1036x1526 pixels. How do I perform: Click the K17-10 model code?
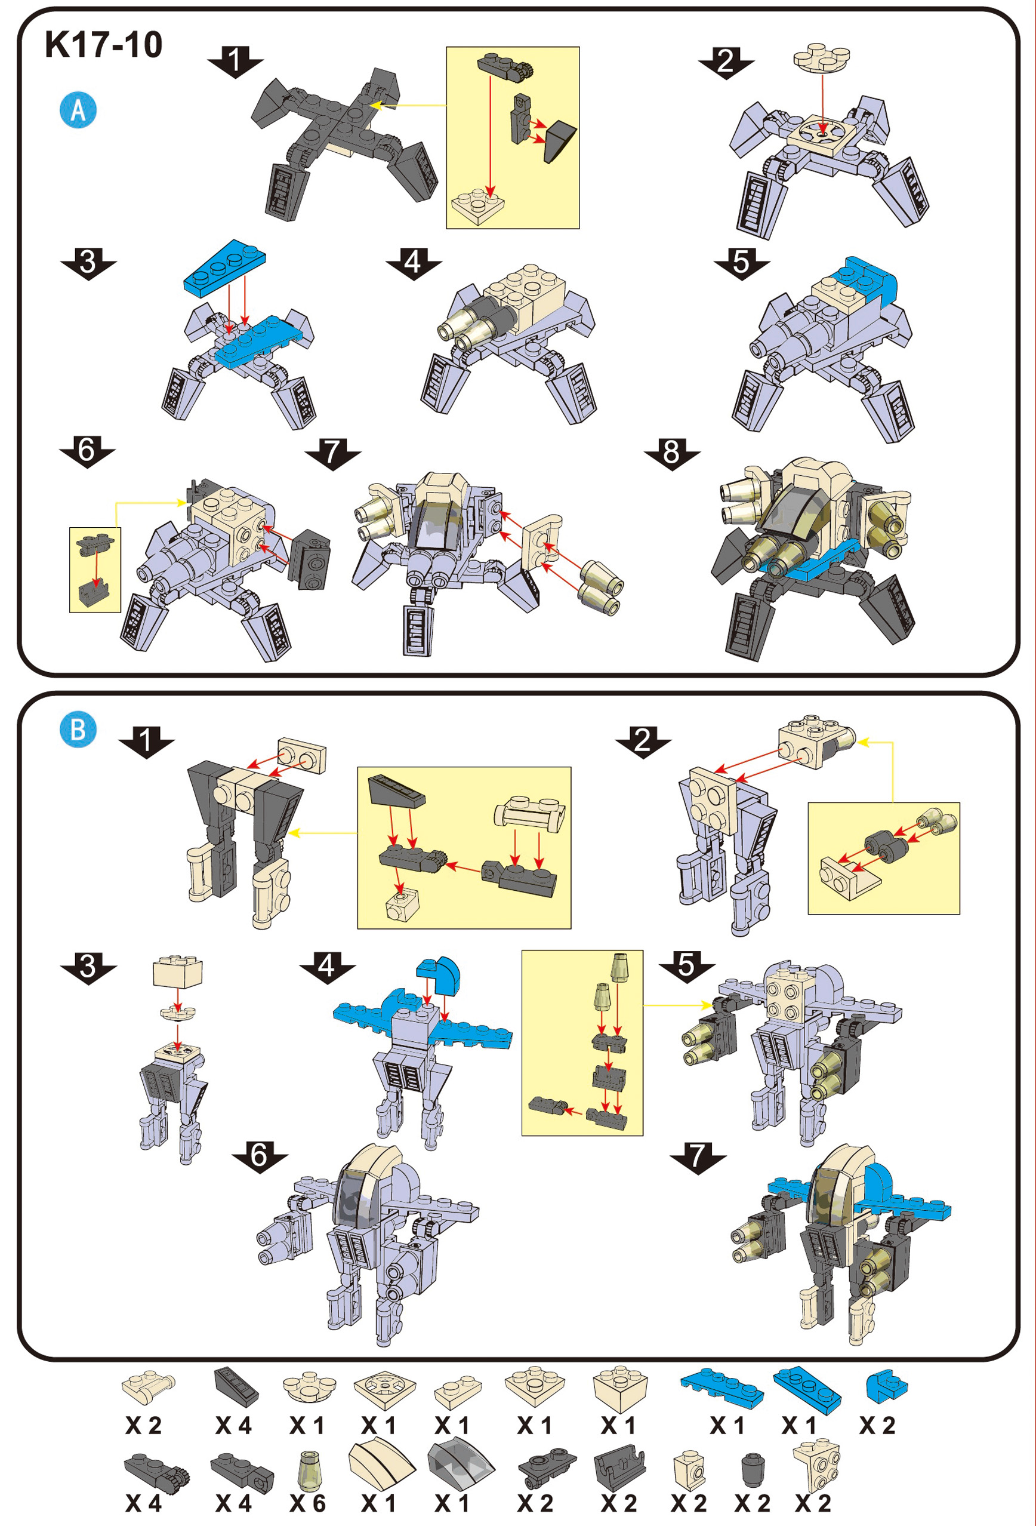[x=104, y=45]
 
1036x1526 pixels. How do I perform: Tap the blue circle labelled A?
[x=78, y=110]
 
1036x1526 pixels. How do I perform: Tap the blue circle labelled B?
[x=78, y=730]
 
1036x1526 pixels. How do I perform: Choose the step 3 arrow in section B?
[x=88, y=967]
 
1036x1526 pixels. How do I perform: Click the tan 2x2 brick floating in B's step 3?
[x=178, y=971]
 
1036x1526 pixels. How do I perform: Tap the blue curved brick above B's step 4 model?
[x=439, y=974]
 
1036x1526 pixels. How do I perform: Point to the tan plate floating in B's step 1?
[x=301, y=754]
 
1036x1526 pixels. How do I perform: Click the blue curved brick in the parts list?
[x=887, y=1385]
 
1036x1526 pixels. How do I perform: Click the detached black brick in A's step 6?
[x=309, y=558]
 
